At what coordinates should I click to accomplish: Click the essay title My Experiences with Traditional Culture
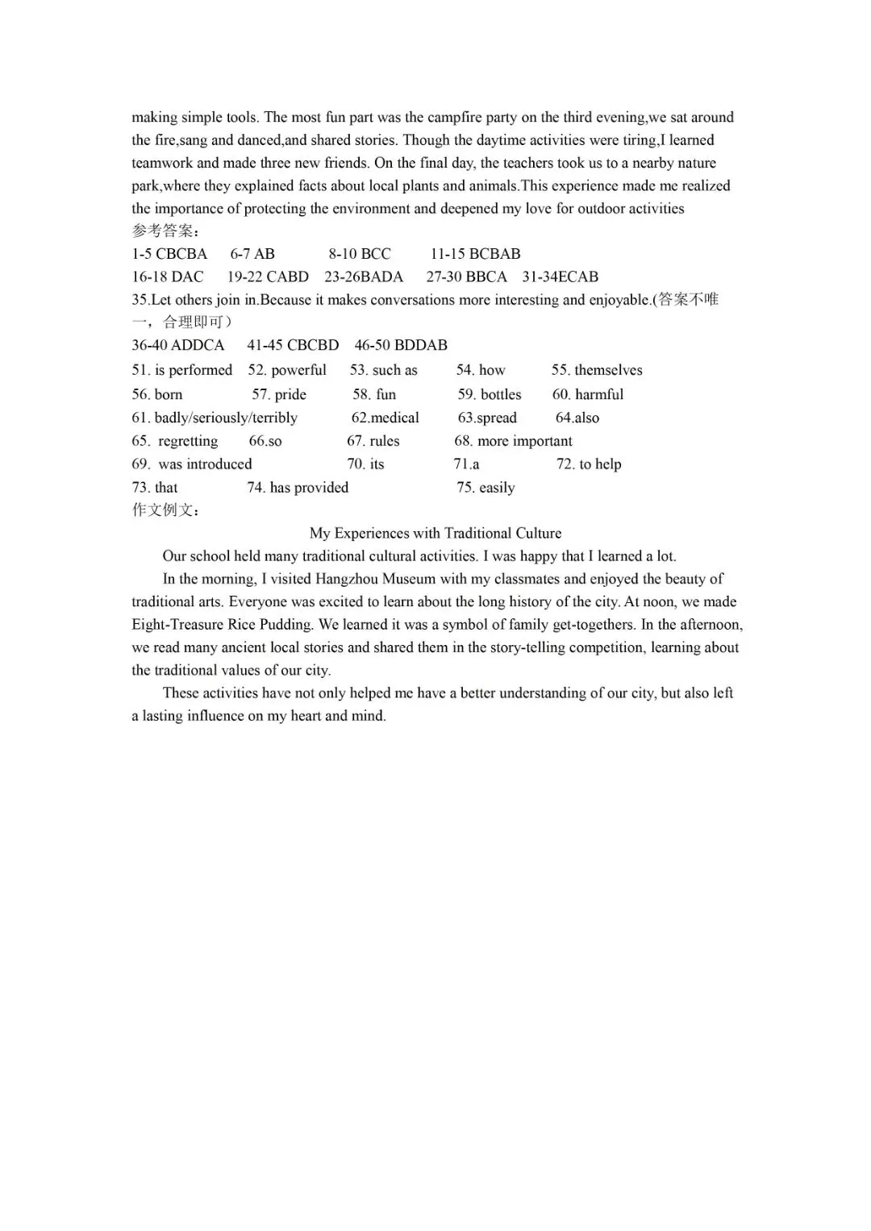pyautogui.click(x=435, y=533)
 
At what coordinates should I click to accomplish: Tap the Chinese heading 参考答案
pyautogui.click(x=164, y=231)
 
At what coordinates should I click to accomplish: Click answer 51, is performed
pyautogui.click(x=182, y=370)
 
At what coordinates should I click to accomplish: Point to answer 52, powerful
pyautogui.click(x=287, y=370)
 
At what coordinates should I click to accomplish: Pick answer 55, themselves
pyautogui.click(x=597, y=370)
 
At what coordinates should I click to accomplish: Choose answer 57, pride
pyautogui.click(x=279, y=394)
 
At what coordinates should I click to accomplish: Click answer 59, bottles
pyautogui.click(x=490, y=394)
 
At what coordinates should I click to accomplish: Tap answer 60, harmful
pyautogui.click(x=588, y=394)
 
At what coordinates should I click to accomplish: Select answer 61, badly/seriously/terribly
pyautogui.click(x=215, y=418)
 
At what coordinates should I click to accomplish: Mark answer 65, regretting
pyautogui.click(x=175, y=441)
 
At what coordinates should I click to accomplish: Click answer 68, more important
pyautogui.click(x=513, y=441)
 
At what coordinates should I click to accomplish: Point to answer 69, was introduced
pyautogui.click(x=192, y=464)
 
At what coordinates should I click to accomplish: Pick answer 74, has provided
pyautogui.click(x=298, y=488)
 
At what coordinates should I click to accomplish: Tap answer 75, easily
pyautogui.click(x=486, y=488)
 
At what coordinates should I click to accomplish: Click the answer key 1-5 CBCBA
pyautogui.click(x=169, y=254)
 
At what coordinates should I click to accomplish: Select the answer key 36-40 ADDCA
pyautogui.click(x=178, y=345)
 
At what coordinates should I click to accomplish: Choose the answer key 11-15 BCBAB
pyautogui.click(x=475, y=254)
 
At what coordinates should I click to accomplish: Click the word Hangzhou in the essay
pyautogui.click(x=375, y=579)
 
